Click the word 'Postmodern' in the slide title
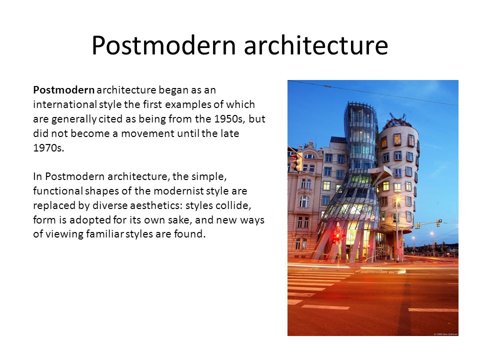pos(163,45)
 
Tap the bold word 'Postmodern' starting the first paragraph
pos(63,90)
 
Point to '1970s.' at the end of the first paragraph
pos(48,148)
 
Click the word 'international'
pos(65,104)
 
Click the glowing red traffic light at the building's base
pos(337,235)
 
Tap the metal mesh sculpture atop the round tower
pos(397,120)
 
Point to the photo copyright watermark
pos(445,334)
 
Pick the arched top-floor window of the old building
pos(309,156)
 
